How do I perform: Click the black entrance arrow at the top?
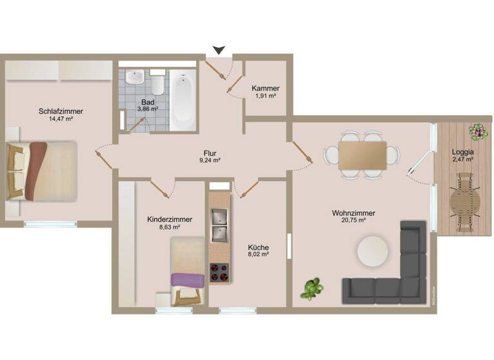[219, 50]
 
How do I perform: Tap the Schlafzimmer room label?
[60, 111]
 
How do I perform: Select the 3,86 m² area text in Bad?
[148, 109]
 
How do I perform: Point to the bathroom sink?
[135, 77]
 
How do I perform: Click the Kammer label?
[265, 88]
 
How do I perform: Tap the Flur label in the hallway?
[210, 153]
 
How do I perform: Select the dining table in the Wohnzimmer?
[362, 155]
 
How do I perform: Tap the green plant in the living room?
[313, 288]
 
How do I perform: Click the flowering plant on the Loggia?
[478, 131]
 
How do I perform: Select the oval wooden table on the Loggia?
[465, 203]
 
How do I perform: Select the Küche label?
[259, 248]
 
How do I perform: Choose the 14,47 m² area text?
[60, 119]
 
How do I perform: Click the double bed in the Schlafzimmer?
[42, 170]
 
